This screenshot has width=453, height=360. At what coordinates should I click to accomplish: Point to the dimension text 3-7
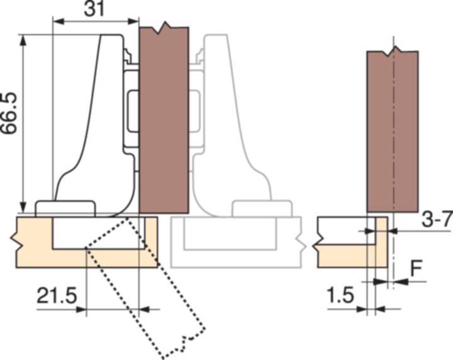435,220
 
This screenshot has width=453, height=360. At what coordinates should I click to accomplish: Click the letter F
417,267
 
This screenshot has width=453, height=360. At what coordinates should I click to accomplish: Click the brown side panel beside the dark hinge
164,120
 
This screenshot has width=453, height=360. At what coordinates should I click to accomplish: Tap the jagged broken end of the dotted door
182,345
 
